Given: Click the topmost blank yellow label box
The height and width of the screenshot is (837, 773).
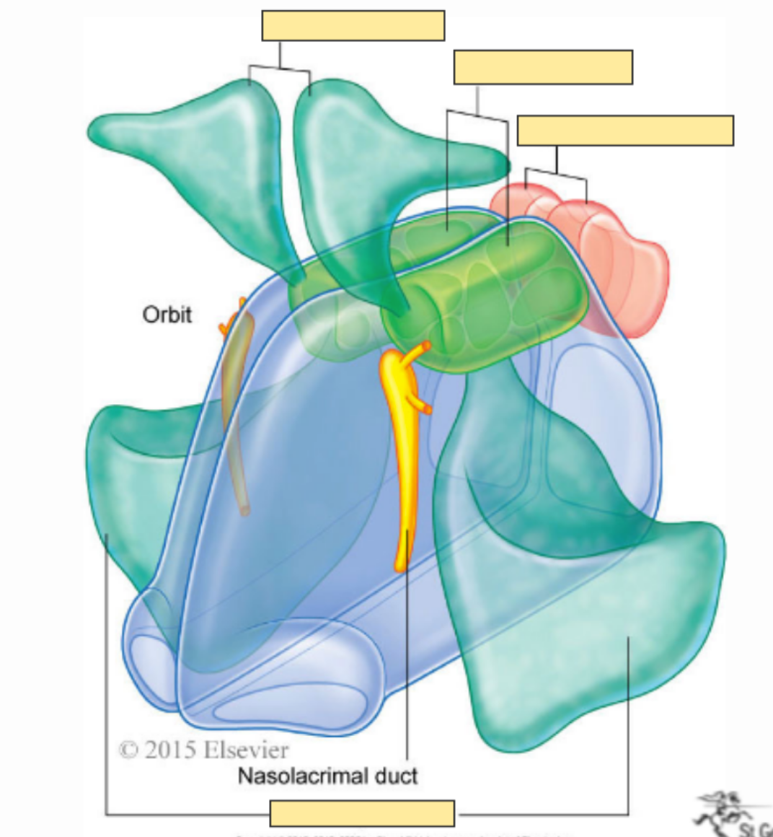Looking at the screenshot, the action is point(353,26).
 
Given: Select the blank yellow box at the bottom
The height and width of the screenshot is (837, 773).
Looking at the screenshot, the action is point(362,813).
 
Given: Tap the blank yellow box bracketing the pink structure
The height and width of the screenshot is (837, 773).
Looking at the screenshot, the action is point(625,131).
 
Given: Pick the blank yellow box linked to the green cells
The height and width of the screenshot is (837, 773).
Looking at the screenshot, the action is point(543,67).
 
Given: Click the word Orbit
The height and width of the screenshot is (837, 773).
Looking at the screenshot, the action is point(167,315).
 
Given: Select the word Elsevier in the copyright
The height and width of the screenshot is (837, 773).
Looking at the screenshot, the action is point(245,750).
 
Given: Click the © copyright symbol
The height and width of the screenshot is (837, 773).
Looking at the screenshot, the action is point(128,750).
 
